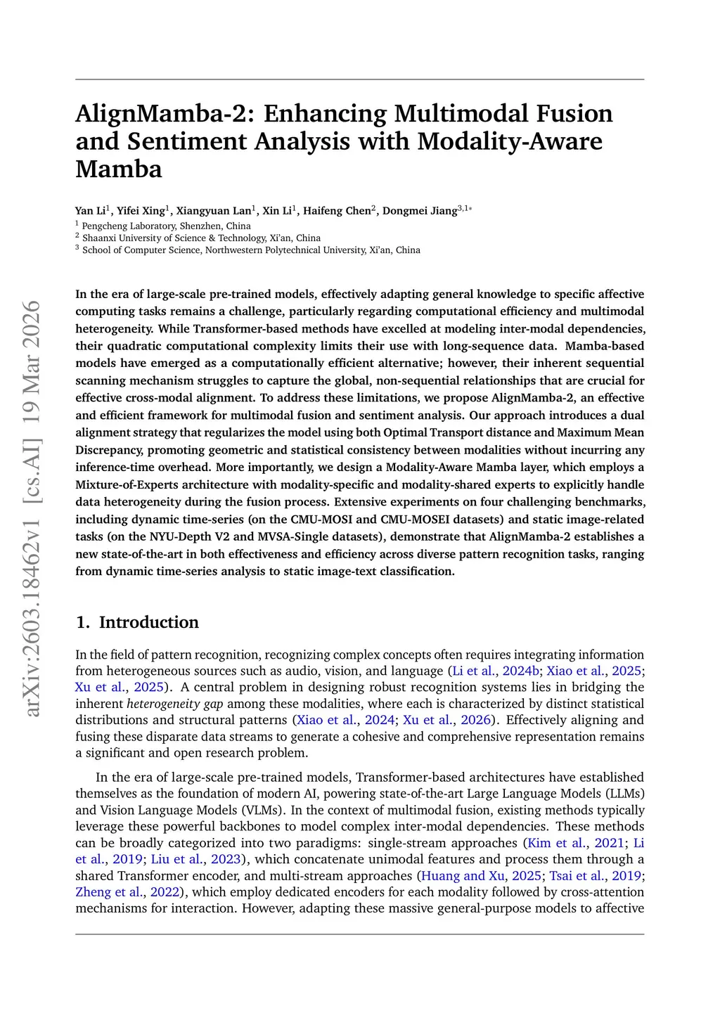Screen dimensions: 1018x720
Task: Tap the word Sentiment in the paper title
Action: point(186,142)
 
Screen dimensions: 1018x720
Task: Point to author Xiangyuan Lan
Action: point(214,210)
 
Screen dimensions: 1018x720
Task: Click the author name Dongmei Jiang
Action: point(420,210)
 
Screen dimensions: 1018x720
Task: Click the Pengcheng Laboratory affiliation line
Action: point(166,226)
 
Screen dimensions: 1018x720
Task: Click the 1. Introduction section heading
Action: point(137,622)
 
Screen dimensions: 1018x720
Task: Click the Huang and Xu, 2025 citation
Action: point(481,876)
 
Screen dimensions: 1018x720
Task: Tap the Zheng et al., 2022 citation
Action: point(127,892)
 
